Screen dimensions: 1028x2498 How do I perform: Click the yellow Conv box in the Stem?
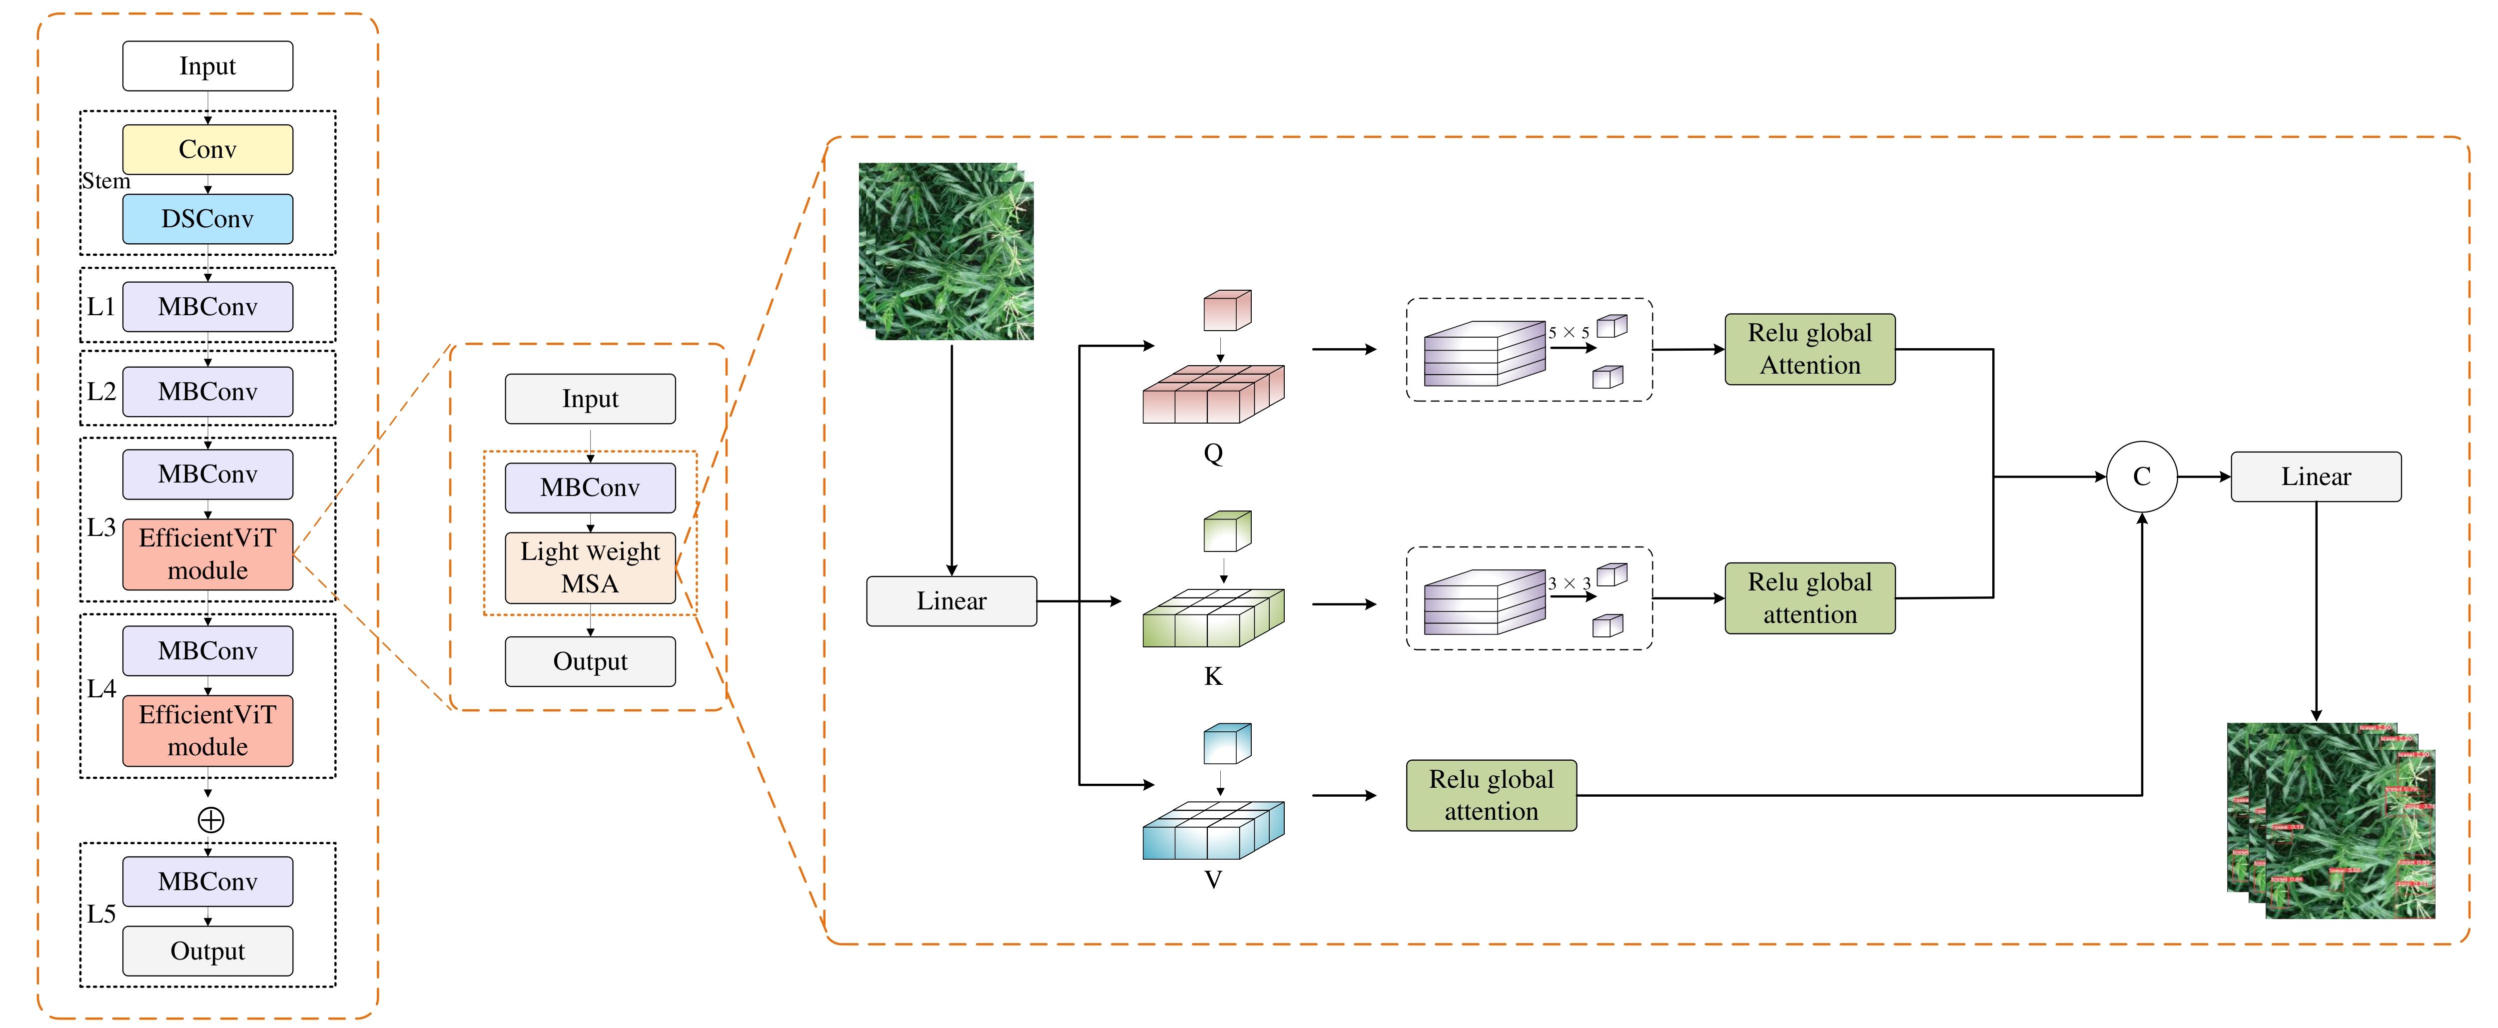[x=207, y=149]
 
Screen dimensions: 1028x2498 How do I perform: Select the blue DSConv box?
[x=207, y=219]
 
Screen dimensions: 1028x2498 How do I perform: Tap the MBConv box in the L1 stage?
[x=207, y=307]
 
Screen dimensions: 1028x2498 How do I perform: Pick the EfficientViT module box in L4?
[x=207, y=731]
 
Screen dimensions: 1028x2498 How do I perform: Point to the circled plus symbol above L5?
[x=210, y=821]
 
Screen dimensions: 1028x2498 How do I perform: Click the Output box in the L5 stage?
[x=207, y=952]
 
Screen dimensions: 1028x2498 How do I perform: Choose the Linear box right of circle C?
[x=2316, y=477]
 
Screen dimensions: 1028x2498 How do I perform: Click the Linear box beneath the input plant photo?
[x=951, y=601]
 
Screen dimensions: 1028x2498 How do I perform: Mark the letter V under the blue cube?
[x=1213, y=880]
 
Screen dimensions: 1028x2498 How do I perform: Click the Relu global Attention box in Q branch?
[x=1809, y=349]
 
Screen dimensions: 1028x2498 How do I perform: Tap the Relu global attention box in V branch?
[x=1492, y=795]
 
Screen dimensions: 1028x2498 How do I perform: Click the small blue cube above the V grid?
[x=1227, y=744]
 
